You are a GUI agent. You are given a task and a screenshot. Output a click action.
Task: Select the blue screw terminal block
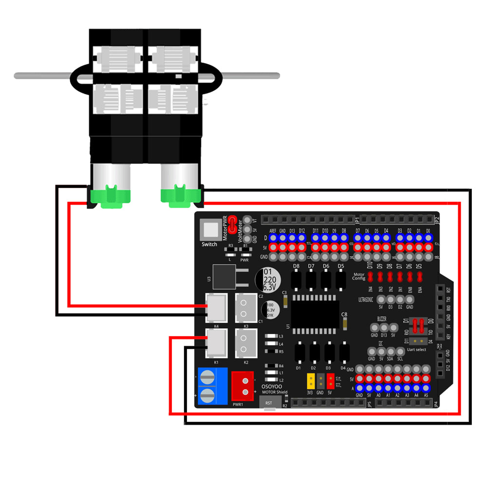(213, 386)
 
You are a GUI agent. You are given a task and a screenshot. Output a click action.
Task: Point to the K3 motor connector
(246, 307)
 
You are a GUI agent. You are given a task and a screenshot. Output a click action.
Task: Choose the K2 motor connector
(246, 344)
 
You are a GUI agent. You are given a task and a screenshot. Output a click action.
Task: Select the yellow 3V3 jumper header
(310, 380)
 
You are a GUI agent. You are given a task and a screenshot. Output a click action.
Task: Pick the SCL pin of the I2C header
(400, 351)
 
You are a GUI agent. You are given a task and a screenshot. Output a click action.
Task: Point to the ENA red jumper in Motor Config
(419, 277)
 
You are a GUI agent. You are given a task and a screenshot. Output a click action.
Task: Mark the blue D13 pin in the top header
(292, 238)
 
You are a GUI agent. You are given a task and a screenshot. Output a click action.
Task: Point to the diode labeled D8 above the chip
(296, 281)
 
